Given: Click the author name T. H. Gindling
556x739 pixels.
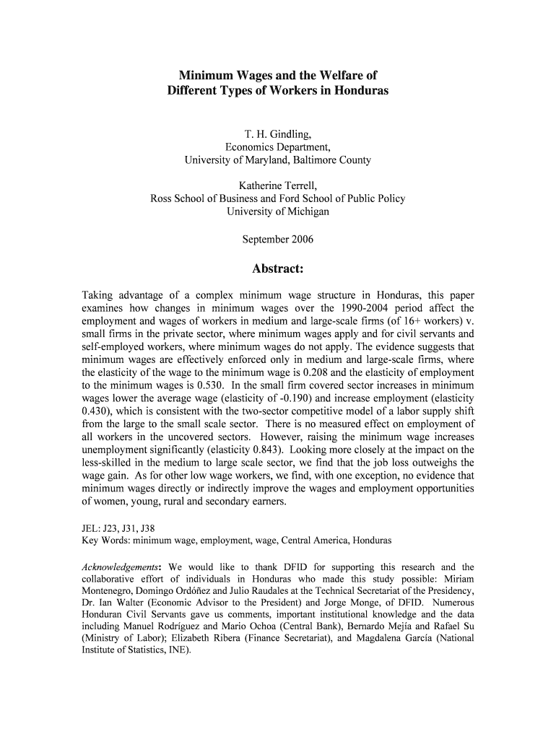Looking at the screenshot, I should [277, 134].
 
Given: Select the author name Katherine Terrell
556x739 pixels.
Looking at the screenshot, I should [277, 185].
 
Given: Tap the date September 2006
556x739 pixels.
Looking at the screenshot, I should [277, 238].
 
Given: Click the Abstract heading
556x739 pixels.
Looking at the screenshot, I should [277, 269].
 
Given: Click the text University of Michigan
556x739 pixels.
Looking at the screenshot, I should [277, 211].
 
